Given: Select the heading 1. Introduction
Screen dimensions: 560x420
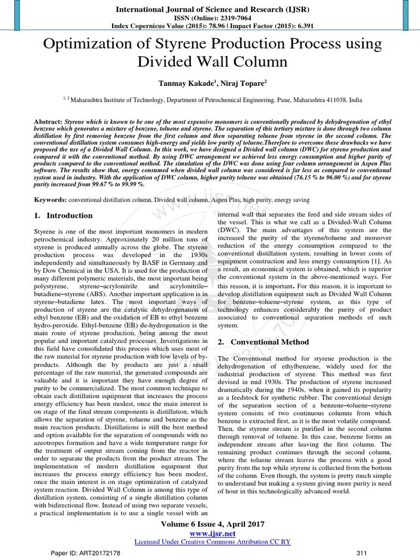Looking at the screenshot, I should [63, 215].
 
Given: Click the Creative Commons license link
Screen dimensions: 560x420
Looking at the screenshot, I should [212, 541].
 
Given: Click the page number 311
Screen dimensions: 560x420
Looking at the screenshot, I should [361, 553].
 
